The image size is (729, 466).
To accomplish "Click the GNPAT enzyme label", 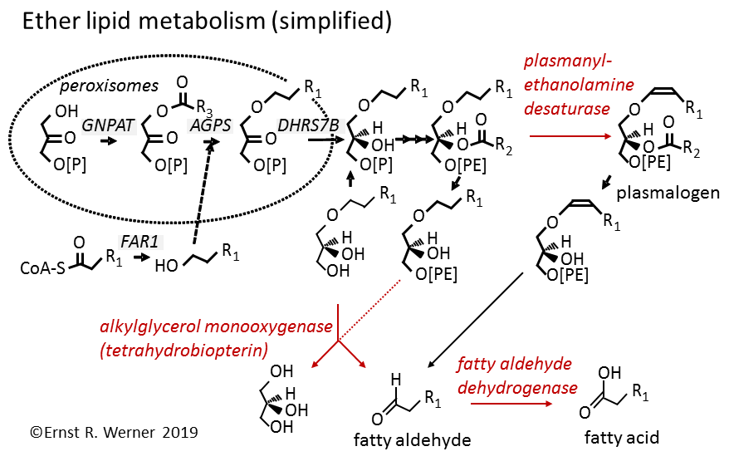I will tap(103, 125).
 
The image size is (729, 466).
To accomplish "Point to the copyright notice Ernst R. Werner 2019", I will tap(115, 432).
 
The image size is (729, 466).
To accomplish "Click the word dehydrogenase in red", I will tap(518, 386).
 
